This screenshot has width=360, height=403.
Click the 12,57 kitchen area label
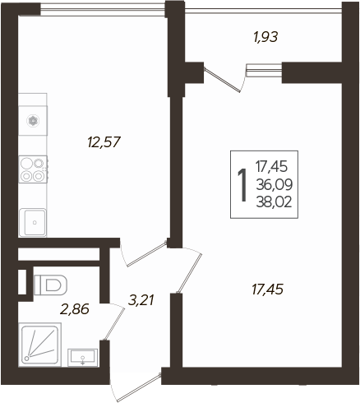coord(104,142)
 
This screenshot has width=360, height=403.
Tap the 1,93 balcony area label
coord(265,37)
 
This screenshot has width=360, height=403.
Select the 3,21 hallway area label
coord(141,300)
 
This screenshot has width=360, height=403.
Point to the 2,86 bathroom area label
coord(75,309)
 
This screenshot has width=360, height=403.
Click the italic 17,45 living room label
coord(267,290)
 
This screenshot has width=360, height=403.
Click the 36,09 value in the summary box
coord(275,184)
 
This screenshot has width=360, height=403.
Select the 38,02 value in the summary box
coord(274,202)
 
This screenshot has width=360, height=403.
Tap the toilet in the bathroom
coord(50,285)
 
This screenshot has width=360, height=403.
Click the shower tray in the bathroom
coord(39,345)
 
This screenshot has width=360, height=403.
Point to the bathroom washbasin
coord(82,357)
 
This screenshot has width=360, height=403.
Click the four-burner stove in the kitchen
coord(33,169)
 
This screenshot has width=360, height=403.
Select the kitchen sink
coord(33,222)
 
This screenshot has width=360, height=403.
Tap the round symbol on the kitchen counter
coord(33,121)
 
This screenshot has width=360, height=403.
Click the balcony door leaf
coord(223,80)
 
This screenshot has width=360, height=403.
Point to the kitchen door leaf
coord(146,253)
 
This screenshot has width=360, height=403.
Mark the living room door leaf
coord(190,273)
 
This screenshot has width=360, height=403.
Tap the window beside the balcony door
coord(264,71)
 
